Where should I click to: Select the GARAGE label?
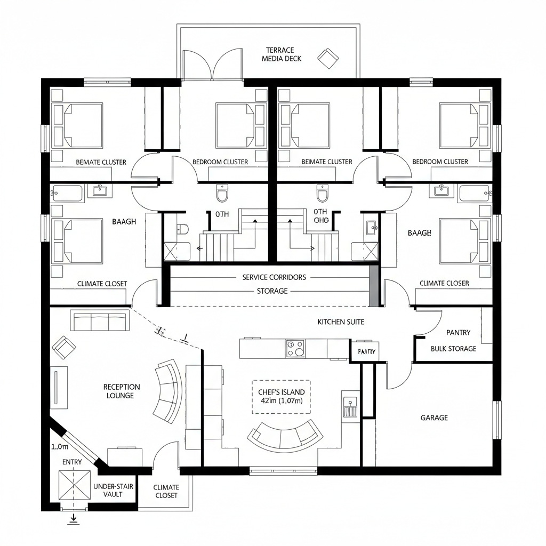(434, 417)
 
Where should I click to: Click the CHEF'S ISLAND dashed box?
(280, 397)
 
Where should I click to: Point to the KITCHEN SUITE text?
(341, 322)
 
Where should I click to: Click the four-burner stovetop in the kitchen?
(295, 348)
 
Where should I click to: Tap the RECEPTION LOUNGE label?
(122, 391)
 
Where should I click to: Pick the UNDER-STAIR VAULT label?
(114, 491)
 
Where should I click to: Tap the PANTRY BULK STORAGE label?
(454, 340)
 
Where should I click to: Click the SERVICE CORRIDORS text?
(274, 277)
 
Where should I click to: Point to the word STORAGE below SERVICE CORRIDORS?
(272, 291)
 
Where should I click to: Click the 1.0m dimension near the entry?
(60, 447)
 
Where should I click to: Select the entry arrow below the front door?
(74, 519)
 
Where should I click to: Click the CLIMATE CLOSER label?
(444, 283)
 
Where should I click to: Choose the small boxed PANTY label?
(367, 351)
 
